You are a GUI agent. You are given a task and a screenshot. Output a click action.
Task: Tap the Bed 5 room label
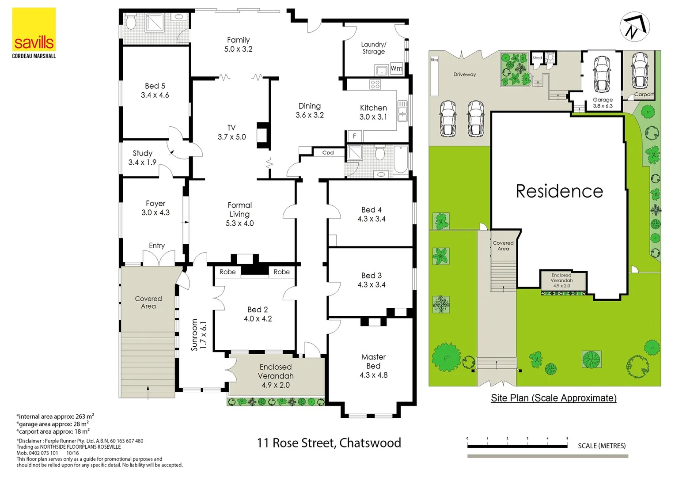point(155,91)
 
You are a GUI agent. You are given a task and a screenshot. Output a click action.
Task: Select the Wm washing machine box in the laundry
point(396,68)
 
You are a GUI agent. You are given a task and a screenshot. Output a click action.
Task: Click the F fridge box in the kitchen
point(354,136)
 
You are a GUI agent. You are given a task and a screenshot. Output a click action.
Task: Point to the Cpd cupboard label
point(328,153)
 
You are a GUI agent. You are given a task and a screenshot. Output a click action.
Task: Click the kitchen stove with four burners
point(375,84)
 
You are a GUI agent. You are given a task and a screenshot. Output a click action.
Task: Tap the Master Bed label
point(373,366)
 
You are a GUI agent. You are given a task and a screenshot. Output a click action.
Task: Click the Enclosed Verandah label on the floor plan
point(276,376)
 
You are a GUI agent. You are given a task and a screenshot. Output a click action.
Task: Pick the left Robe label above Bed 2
point(228,272)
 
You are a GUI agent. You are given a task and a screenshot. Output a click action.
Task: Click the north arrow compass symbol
point(634,27)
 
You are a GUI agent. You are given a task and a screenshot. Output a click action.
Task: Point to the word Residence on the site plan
point(559,191)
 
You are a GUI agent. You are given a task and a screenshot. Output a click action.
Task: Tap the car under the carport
point(639,70)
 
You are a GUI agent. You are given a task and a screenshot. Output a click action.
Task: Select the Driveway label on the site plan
point(465,75)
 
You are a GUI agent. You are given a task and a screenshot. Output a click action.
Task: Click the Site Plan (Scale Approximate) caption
point(554,398)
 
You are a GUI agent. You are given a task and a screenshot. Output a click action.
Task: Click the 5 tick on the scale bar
point(567,439)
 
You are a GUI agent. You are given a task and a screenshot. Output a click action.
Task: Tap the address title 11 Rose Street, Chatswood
point(329,443)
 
